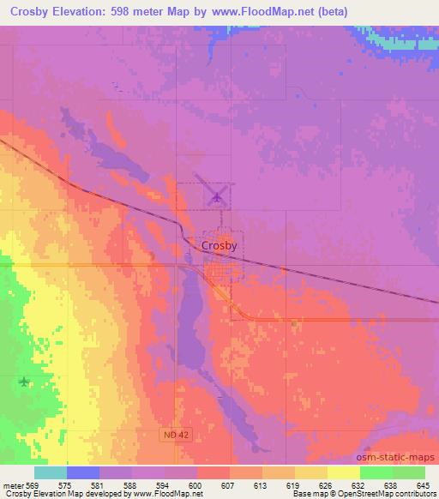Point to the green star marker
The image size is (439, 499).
coord(24,382)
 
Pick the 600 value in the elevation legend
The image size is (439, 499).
coord(197,484)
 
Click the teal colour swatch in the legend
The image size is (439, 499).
coord(51,472)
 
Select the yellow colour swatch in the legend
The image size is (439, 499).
coord(344,472)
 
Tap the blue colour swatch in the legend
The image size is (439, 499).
coord(83,472)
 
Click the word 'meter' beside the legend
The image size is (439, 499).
coord(13,484)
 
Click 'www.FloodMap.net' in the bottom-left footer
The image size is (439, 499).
coord(164,494)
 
